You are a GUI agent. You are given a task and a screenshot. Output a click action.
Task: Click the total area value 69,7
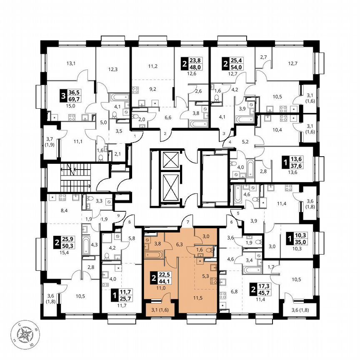[75, 100]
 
